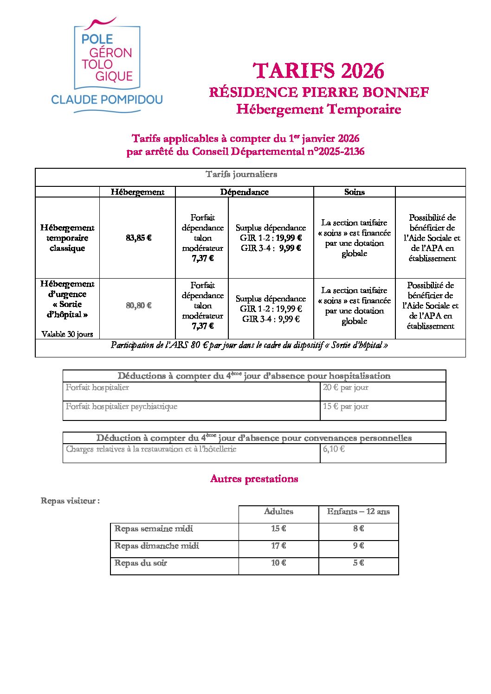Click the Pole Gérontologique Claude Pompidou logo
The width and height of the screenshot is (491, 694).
tap(107, 65)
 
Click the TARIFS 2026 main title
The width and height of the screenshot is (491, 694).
tap(319, 71)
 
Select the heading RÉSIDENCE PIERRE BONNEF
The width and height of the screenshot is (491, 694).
tap(319, 92)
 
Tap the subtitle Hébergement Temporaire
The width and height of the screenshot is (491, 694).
tap(318, 109)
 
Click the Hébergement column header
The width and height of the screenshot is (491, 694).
tap(137, 192)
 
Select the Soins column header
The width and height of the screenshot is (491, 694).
tap(354, 192)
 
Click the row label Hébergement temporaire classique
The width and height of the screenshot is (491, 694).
tap(67, 238)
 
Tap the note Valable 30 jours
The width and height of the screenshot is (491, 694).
tap(67, 334)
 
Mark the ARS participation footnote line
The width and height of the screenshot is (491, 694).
tap(249, 345)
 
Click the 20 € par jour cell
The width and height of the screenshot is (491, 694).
tap(346, 388)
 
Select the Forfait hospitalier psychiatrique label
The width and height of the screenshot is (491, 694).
tap(122, 407)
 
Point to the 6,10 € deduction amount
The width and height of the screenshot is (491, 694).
tap(334, 449)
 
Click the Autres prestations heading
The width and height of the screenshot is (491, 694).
tap(254, 479)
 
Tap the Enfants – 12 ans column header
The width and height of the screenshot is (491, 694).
tap(358, 512)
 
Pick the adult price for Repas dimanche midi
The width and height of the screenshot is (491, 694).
tap(278, 546)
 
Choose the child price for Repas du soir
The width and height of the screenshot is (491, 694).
tap(358, 563)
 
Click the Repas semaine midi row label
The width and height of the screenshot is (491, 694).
tap(154, 529)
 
